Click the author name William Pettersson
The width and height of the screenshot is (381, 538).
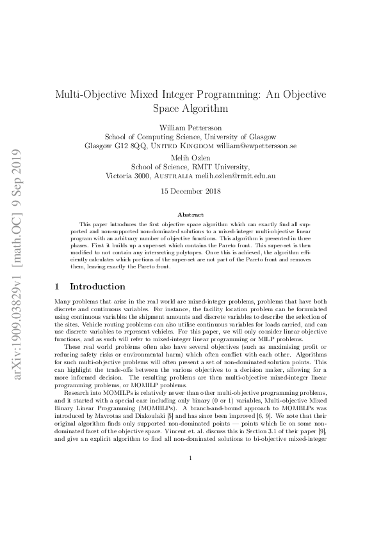190,127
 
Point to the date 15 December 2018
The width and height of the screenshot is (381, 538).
190,190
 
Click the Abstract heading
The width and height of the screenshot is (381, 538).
190,215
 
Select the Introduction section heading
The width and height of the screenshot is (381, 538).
97,287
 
